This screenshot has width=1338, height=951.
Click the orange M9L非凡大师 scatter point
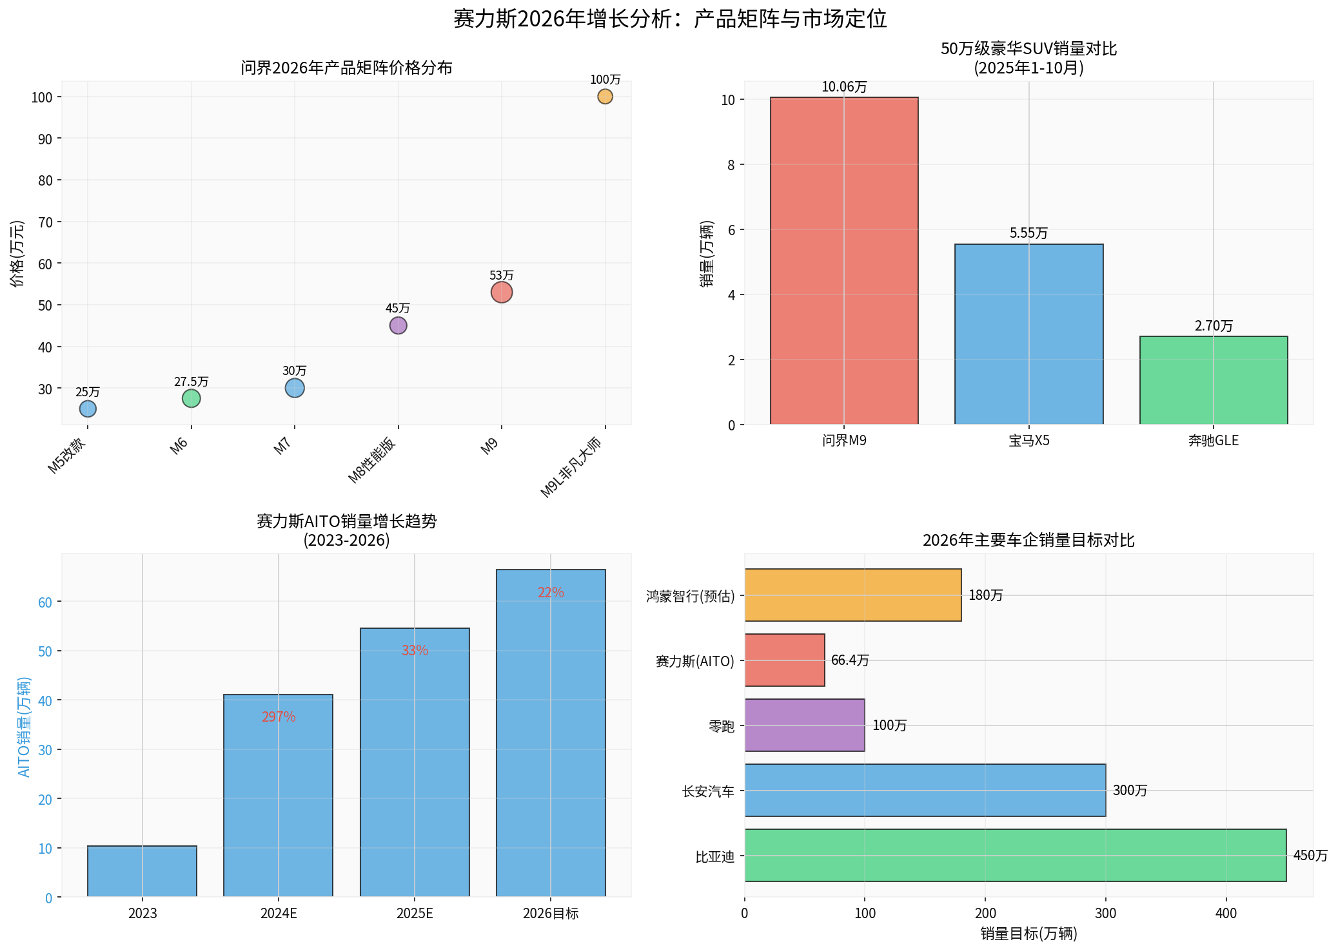(605, 97)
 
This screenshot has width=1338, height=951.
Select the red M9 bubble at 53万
(502, 293)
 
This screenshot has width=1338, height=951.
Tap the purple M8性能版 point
(398, 325)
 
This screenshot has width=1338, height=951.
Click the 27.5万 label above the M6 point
(192, 382)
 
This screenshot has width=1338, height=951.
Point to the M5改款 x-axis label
(67, 456)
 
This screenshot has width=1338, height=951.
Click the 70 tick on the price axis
(45, 222)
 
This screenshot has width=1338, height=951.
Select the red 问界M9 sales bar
(844, 261)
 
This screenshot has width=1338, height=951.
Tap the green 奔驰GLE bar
(1214, 380)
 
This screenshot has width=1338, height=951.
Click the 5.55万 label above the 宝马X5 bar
(1028, 233)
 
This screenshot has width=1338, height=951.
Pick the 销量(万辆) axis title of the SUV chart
(707, 254)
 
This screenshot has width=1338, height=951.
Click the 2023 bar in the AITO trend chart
(143, 871)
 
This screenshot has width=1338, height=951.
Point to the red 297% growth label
(279, 716)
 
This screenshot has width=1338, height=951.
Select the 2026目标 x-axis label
(551, 914)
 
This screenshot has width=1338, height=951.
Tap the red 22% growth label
(551, 593)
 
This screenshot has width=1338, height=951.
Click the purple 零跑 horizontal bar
(805, 725)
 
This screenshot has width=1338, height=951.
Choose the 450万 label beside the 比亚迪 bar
(1310, 856)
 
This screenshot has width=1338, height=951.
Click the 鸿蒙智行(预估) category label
(690, 597)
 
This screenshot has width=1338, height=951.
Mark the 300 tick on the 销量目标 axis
(1106, 913)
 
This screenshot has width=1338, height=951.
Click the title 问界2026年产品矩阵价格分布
(346, 68)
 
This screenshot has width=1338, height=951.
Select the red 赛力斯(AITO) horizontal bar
(785, 660)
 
